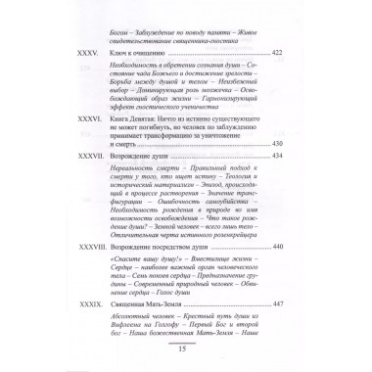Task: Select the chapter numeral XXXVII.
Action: pos(77,184)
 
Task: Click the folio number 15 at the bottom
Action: pos(185,362)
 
